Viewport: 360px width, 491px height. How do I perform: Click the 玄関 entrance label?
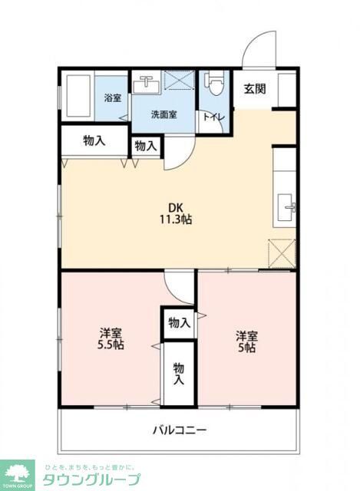click(x=255, y=88)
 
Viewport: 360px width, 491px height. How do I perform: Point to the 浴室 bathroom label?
click(x=112, y=97)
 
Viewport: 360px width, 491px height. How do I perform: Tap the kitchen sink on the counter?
click(x=290, y=206)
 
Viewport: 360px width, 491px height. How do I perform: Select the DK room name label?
click(x=177, y=206)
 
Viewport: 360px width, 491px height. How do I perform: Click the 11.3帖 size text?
click(x=177, y=219)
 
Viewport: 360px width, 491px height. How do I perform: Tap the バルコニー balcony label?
click(x=178, y=430)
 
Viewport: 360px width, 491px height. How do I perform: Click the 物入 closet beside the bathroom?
click(x=94, y=141)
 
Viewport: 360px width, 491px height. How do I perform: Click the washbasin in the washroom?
click(x=144, y=85)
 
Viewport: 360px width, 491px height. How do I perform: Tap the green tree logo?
click(x=18, y=473)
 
